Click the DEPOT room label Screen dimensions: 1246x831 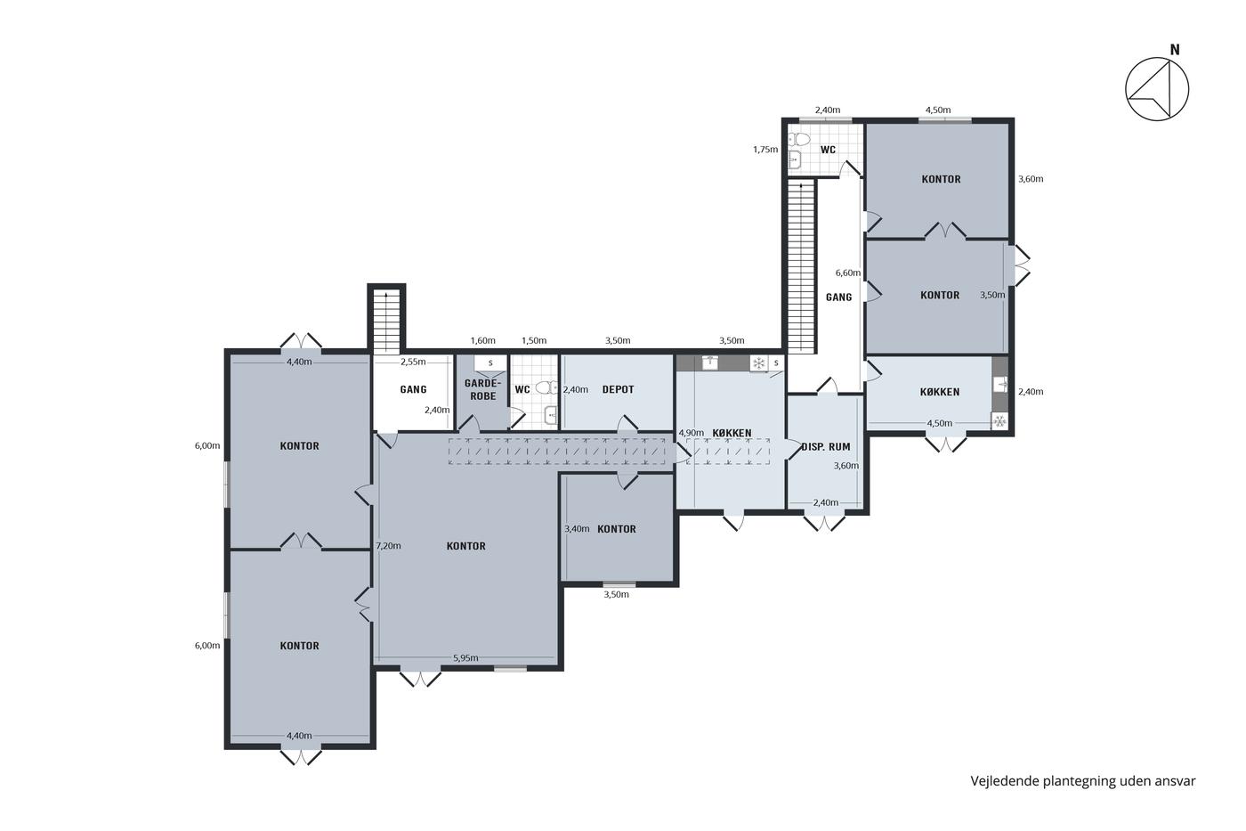[618, 389]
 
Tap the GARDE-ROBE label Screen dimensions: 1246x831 [482, 389]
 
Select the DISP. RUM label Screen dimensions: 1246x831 [826, 447]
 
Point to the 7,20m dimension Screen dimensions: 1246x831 [388, 545]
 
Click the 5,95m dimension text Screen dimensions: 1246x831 [465, 658]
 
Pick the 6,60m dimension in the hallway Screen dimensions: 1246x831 [847, 273]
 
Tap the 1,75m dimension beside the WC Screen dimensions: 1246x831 [765, 149]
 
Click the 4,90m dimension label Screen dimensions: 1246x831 [691, 433]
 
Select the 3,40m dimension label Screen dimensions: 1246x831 [577, 529]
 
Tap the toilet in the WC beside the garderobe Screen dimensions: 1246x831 [547, 387]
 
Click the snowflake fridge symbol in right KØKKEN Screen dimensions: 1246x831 [999, 420]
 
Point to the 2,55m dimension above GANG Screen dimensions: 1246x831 [413, 362]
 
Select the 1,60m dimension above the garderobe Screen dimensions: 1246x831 [482, 340]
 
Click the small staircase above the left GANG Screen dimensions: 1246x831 [386, 320]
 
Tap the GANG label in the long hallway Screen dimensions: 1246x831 [838, 297]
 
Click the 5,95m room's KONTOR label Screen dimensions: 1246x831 [466, 546]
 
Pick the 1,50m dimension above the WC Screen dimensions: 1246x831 [534, 340]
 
